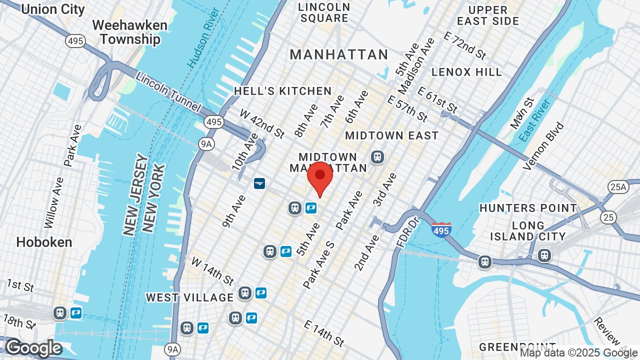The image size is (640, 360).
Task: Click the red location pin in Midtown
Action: click(320, 178)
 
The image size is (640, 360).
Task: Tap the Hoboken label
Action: click(44, 242)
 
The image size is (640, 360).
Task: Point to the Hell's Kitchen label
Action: click(283, 91)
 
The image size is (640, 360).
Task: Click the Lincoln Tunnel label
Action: click(168, 92)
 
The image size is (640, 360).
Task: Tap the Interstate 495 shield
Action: click(441, 229)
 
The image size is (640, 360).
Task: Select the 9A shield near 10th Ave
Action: click(206, 144)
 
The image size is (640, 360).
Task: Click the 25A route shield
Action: click(618, 187)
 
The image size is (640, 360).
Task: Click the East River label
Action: click(534, 120)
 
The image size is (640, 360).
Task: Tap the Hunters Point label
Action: click(528, 208)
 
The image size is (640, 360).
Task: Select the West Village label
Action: click(189, 297)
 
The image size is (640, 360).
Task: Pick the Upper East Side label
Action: click(488, 15)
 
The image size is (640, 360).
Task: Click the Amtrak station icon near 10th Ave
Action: click(259, 183)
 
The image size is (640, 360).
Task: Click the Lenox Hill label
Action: click(466, 72)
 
